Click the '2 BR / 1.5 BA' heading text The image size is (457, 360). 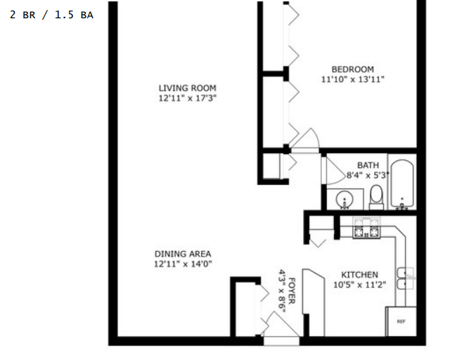(51, 15)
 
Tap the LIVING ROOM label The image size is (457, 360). (188, 88)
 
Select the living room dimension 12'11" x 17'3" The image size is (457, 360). (188, 98)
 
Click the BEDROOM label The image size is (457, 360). (353, 70)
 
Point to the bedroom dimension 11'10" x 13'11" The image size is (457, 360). (353, 79)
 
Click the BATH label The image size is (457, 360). (368, 165)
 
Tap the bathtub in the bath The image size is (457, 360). (402, 184)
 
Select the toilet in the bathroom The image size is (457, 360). (376, 197)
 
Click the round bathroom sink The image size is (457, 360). (345, 200)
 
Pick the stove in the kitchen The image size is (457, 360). (366, 227)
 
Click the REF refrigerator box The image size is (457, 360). (401, 321)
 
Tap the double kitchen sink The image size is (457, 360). (406, 278)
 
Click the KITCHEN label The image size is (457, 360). (360, 275)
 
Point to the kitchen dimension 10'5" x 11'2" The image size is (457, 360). (360, 285)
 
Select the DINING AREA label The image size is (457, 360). (183, 254)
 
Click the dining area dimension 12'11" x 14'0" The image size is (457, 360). (183, 264)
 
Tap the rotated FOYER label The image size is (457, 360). (292, 290)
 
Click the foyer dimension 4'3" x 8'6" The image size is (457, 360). (282, 290)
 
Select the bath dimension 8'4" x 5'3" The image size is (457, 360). (368, 175)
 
